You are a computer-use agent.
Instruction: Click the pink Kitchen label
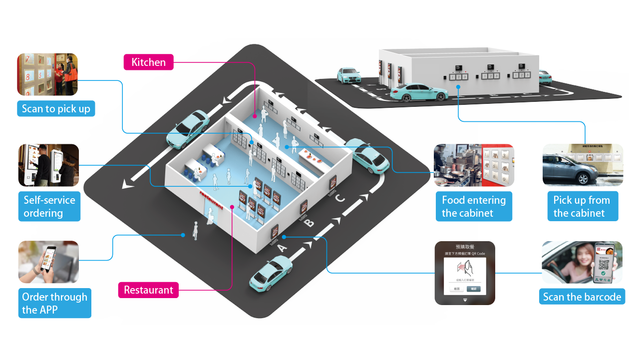pyautogui.click(x=148, y=62)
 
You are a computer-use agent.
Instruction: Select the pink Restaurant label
pyautogui.click(x=148, y=290)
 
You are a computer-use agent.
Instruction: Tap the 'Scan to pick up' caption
pyautogui.click(x=56, y=108)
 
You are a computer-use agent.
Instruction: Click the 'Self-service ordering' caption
pyautogui.click(x=49, y=207)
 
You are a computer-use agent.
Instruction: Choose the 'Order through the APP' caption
pyautogui.click(x=54, y=303)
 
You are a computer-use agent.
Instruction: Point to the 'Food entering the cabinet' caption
pyautogui.click(x=474, y=207)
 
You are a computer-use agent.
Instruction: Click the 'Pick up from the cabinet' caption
pyautogui.click(x=582, y=207)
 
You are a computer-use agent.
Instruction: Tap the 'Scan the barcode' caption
pyautogui.click(x=582, y=297)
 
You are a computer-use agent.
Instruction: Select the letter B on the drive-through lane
pyautogui.click(x=310, y=222)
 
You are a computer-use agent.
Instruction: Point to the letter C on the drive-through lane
pyautogui.click(x=339, y=198)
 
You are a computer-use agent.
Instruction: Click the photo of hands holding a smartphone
pyautogui.click(x=48, y=262)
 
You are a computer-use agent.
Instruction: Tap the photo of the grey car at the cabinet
pyautogui.click(x=583, y=165)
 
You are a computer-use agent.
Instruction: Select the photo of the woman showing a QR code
pyautogui.click(x=582, y=263)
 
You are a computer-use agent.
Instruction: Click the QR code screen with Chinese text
pyautogui.click(x=465, y=273)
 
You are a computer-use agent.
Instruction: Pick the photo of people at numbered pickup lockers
pyautogui.click(x=48, y=74)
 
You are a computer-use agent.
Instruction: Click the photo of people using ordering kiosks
pyautogui.click(x=48, y=165)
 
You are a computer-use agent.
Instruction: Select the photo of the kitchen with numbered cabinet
pyautogui.click(x=474, y=165)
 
